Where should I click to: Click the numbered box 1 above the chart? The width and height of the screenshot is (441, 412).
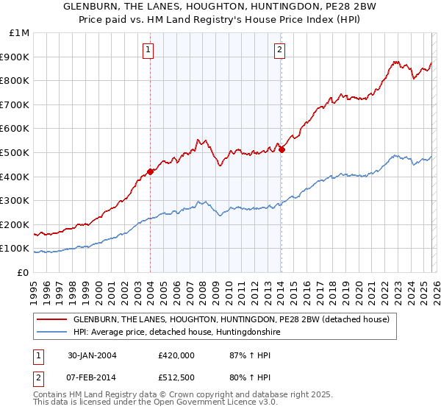point(148,50)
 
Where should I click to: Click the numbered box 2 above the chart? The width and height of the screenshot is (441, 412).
point(280,50)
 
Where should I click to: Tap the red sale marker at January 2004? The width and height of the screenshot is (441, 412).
point(150,171)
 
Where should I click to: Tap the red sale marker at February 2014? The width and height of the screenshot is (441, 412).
point(282,149)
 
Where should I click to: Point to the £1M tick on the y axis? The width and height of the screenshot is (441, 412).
point(20,33)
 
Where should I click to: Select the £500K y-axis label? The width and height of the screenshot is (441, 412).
point(17,153)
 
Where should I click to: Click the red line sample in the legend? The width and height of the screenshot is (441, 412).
point(52,319)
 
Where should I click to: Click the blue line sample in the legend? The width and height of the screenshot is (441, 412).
point(52,333)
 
